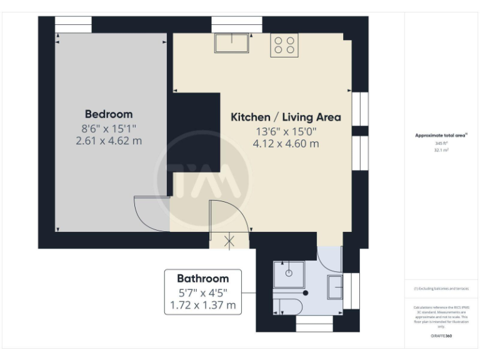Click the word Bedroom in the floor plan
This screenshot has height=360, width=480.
click(109, 114)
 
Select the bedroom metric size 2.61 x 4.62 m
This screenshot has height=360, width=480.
click(109, 141)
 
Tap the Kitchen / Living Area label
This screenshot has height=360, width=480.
click(286, 117)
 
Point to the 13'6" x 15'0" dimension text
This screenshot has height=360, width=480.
click(286, 131)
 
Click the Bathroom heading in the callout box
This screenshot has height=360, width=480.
click(202, 278)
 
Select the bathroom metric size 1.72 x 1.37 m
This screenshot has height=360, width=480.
click(202, 305)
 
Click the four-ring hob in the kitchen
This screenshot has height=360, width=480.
click(284, 45)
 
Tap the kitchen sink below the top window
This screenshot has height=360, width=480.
click(232, 43)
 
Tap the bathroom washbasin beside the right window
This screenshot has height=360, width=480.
click(334, 287)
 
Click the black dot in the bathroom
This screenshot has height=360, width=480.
click(306, 292)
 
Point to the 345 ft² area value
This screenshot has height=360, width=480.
click(442, 143)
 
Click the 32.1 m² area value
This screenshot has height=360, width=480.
click(442, 151)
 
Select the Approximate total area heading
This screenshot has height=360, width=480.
click(441, 135)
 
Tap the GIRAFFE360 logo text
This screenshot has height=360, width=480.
click(441, 336)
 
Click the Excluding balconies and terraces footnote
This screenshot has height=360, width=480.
click(441, 289)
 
